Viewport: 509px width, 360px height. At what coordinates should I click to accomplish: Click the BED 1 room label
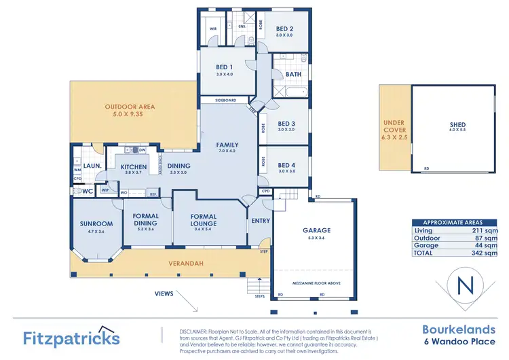point(225,67)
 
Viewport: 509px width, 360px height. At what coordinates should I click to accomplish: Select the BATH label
point(293,74)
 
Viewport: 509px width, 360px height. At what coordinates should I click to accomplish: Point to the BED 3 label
point(286,124)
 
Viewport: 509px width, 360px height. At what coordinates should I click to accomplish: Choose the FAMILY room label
point(227,145)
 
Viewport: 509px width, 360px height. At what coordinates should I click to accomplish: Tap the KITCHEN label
point(134,166)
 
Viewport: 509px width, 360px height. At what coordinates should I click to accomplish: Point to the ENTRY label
point(261,221)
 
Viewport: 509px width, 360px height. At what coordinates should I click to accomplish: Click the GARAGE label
point(316,230)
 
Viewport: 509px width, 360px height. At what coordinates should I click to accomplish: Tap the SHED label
point(457,125)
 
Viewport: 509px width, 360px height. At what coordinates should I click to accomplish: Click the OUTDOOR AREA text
point(129,107)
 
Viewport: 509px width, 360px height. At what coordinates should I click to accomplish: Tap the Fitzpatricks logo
point(71,337)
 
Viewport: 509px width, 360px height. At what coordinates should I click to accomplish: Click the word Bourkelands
point(455,329)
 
